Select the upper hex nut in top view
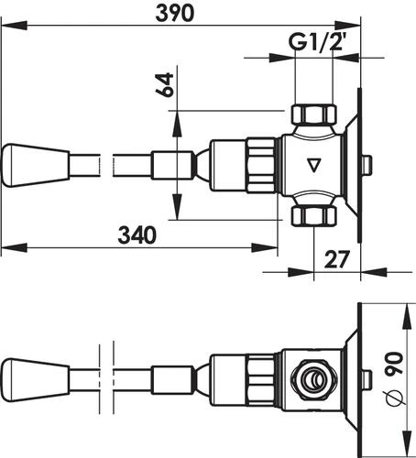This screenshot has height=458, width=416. coord(312,115)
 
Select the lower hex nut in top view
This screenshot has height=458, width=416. coord(312,216)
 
